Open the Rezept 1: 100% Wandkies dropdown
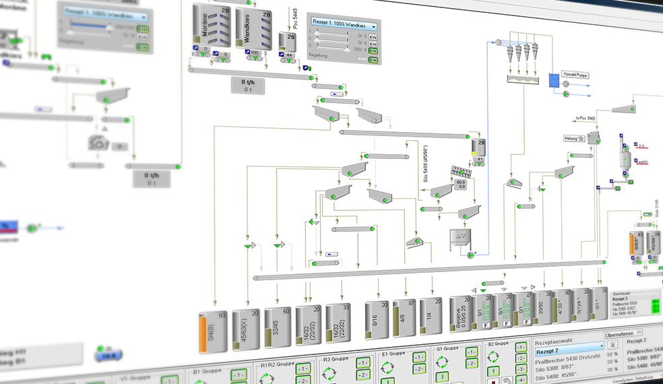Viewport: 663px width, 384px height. pyautogui.click(x=343, y=26)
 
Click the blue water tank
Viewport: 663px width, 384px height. pyautogui.click(x=554, y=82)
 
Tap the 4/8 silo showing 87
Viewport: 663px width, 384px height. pyautogui.click(x=404, y=317)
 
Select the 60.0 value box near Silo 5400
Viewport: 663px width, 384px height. pyautogui.click(x=462, y=183)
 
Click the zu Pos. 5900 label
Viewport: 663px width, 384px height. pyautogui.click(x=584, y=118)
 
